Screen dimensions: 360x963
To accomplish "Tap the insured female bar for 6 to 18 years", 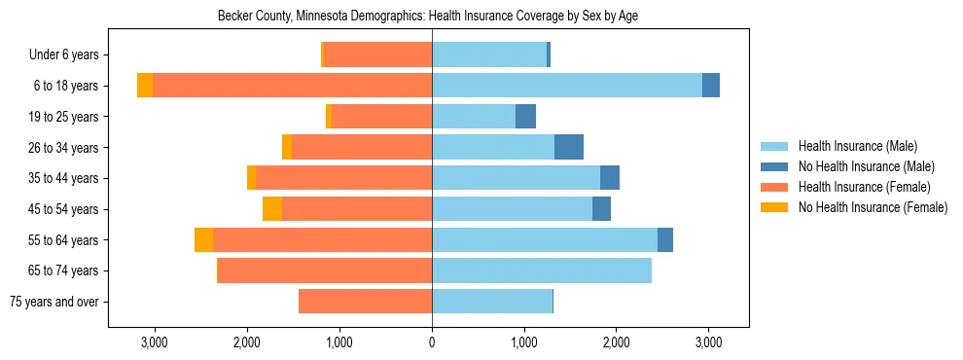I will tap(292, 86).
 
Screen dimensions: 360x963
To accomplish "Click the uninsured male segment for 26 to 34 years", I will tap(569, 147).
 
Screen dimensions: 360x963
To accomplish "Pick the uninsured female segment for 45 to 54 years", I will tap(272, 209).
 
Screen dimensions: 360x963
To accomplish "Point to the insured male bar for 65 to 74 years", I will tap(542, 270).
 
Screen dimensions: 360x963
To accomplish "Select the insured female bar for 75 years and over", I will tap(365, 302).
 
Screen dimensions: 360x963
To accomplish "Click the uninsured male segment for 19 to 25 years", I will tap(525, 117).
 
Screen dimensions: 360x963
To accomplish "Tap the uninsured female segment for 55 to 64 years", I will tap(203, 240).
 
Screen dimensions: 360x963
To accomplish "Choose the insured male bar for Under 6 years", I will tap(489, 55).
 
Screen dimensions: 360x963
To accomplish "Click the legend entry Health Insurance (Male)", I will tap(857, 146).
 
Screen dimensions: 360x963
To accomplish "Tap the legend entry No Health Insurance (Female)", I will tap(873, 207).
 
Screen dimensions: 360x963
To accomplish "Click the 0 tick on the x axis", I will tap(432, 342).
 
